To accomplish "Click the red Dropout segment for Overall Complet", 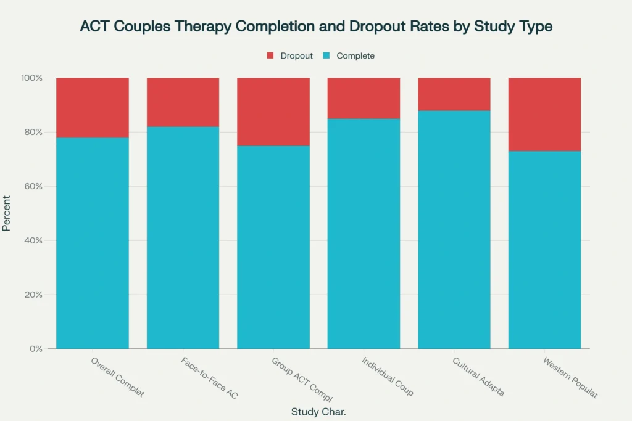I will [93, 107].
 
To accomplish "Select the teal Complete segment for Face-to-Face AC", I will [183, 237].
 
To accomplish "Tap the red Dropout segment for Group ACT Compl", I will [273, 112].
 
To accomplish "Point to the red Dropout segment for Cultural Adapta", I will [454, 94].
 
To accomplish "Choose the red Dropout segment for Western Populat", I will [544, 114].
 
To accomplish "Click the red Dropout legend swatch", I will [270, 55].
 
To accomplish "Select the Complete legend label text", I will [355, 55].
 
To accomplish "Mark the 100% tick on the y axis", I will [31, 78].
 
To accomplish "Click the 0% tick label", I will [36, 349].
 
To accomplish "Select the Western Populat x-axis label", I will [570, 377].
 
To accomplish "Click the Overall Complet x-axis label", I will [117, 377].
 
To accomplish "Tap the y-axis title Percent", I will [7, 213].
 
